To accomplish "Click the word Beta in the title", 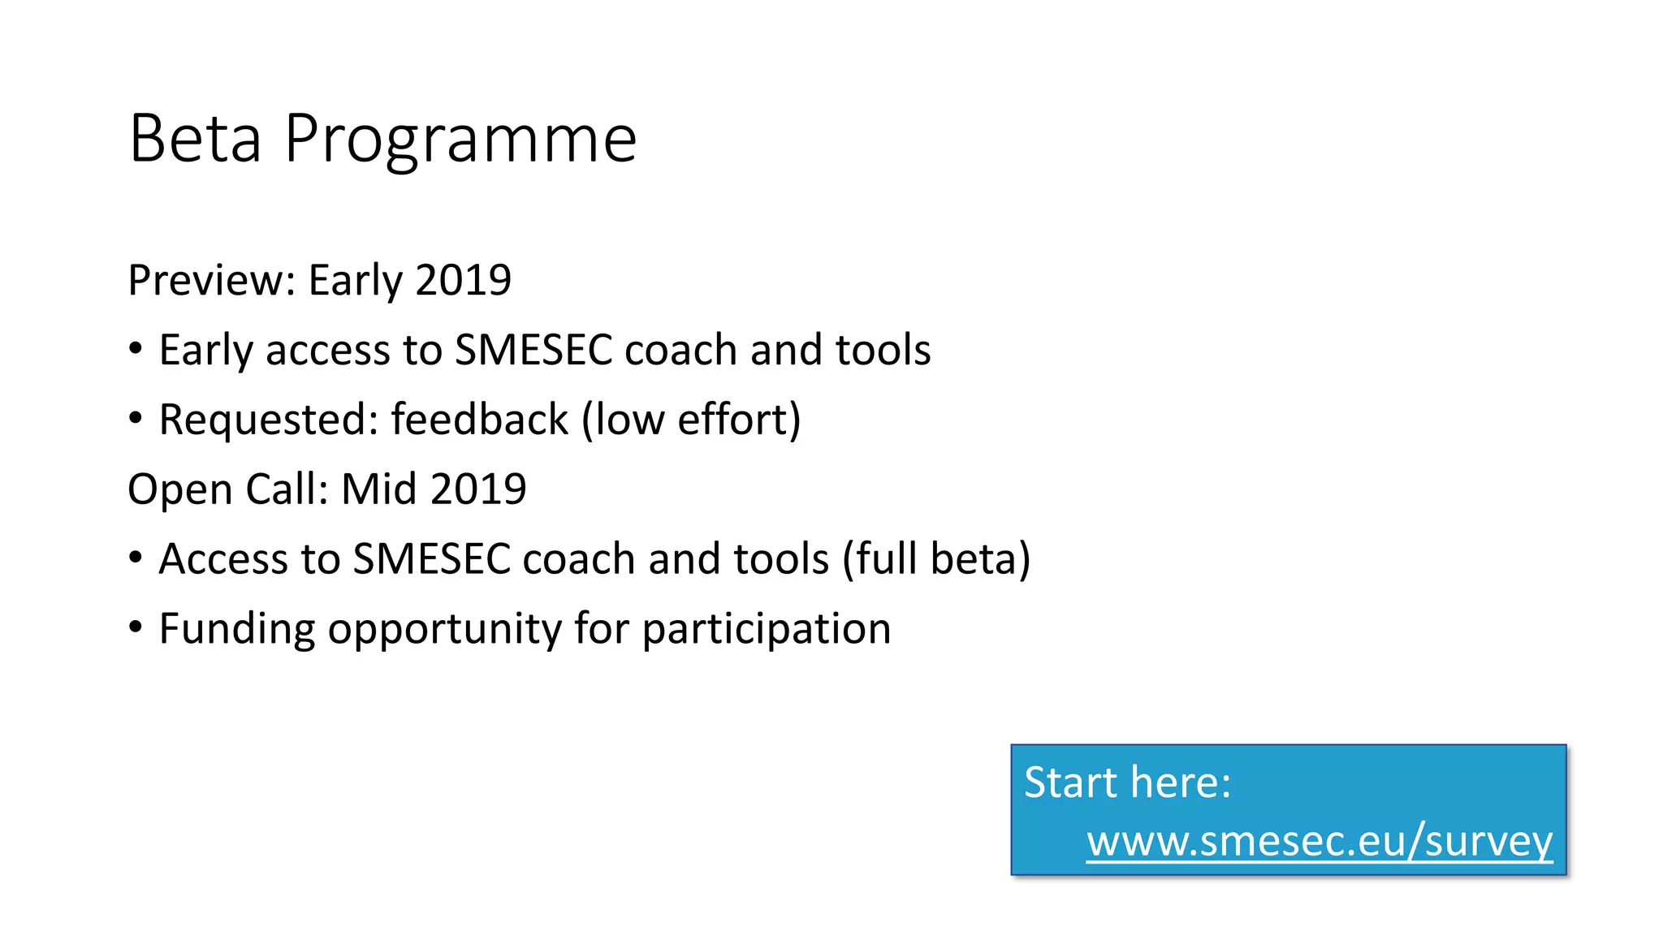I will [195, 140].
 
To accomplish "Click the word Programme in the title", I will [460, 140].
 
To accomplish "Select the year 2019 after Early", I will [463, 281].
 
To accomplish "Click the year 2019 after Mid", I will [478, 489].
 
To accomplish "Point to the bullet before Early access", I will [136, 349].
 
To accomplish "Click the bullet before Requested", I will [136, 419].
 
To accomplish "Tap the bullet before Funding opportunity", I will [136, 627].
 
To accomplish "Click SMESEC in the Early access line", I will [533, 351].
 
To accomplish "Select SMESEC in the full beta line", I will [431, 559].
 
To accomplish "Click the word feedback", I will [479, 420].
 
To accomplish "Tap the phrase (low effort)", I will [691, 420].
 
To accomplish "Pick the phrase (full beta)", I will [936, 559].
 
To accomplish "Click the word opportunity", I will [444, 629].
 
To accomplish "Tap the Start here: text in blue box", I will [1127, 782].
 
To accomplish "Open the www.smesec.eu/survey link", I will [1320, 841].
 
